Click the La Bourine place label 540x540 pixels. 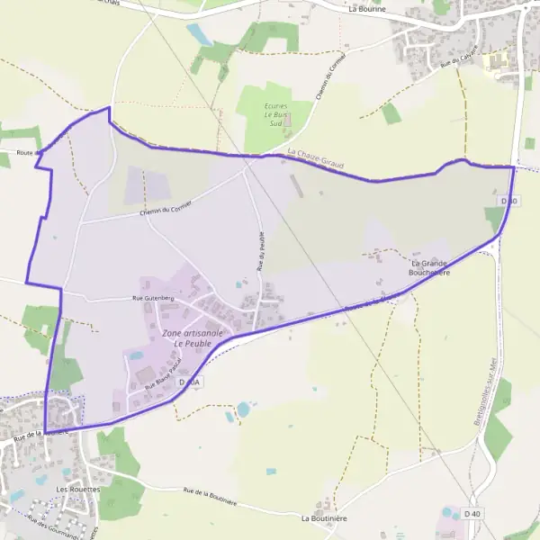click(366, 10)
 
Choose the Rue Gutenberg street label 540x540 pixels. click(152, 297)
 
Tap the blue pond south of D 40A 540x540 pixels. click(243, 409)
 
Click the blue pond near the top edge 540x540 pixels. click(198, 34)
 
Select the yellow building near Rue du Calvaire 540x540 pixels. click(495, 61)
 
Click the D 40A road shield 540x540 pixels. click(190, 382)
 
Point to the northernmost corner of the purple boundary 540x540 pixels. click(109, 108)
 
